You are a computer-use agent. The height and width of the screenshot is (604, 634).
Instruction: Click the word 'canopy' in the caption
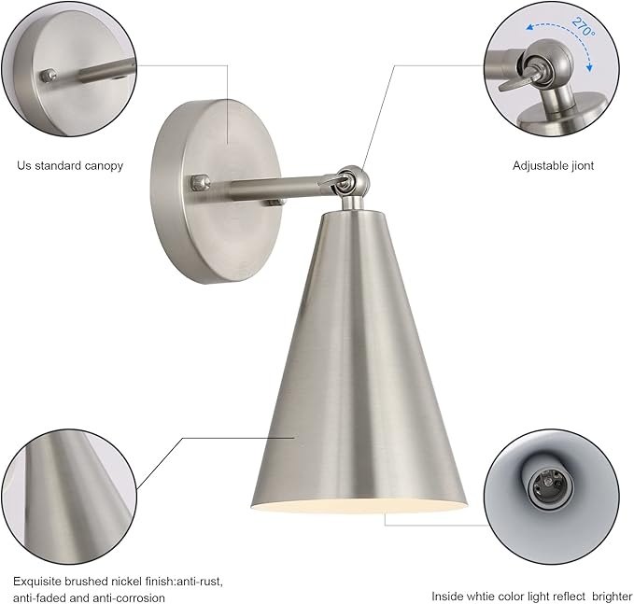104,166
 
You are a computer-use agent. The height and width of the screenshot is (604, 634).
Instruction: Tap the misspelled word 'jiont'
580,166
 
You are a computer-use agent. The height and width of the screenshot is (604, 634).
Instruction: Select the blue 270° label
584,27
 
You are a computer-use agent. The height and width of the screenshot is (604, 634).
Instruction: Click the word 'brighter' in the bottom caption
613,597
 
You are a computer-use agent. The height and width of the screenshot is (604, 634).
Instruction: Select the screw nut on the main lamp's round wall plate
200,182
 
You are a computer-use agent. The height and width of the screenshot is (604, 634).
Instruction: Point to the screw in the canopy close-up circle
49,76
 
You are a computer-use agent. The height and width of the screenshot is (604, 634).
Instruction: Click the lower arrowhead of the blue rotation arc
590,67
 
